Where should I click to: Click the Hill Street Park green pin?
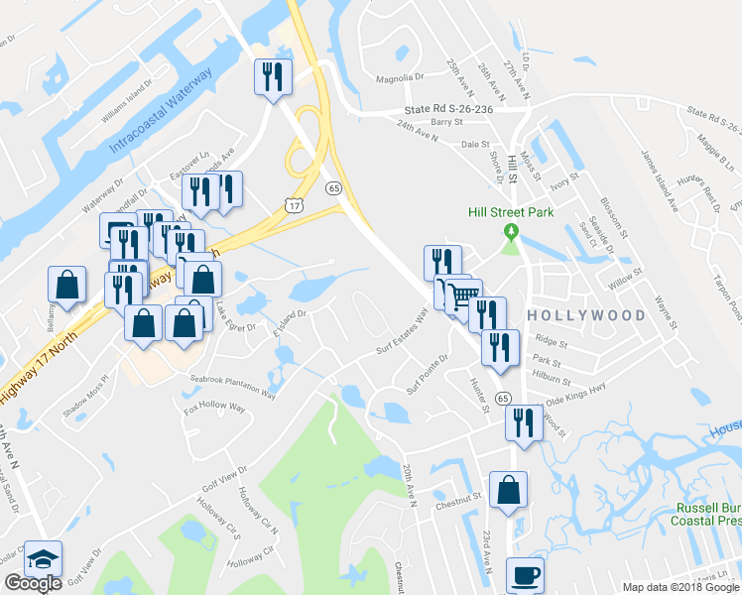(512, 231)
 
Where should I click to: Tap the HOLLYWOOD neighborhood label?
(586, 315)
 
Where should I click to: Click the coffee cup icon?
(525, 575)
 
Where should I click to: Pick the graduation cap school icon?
(43, 558)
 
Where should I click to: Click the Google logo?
(33, 584)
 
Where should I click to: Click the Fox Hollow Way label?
(214, 408)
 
